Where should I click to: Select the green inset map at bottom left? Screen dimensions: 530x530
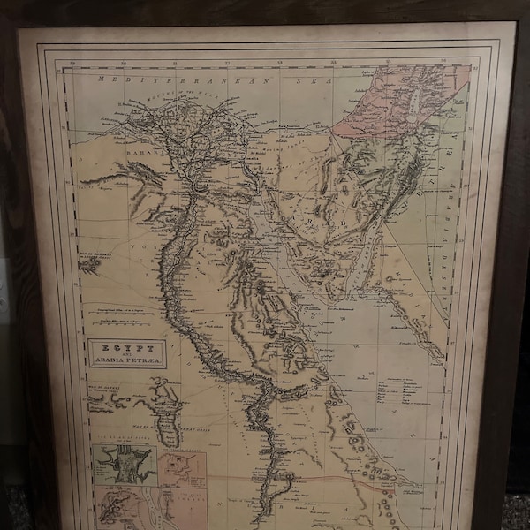pos(124,465)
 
